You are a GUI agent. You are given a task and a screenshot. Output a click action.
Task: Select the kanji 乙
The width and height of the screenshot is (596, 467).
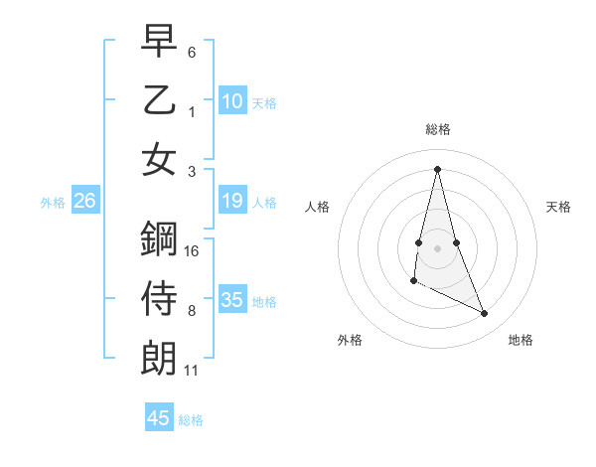(x=159, y=101)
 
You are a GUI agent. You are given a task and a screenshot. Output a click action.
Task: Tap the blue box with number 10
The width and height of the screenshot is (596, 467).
(x=231, y=101)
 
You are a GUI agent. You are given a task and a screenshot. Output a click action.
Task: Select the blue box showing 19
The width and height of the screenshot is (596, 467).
(x=231, y=202)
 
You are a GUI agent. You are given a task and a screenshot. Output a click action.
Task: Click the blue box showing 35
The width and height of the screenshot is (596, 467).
(x=231, y=300)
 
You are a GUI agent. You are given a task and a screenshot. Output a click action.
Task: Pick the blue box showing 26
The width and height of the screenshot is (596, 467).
(x=84, y=202)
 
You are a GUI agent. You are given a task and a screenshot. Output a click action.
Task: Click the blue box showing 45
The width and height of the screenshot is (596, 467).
(x=159, y=418)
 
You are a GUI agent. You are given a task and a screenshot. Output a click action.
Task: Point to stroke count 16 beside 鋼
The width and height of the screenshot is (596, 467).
(x=193, y=251)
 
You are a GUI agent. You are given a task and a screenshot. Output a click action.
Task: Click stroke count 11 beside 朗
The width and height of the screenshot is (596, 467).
(x=192, y=371)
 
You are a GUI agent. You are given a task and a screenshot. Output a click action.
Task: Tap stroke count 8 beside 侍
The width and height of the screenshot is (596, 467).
(x=192, y=311)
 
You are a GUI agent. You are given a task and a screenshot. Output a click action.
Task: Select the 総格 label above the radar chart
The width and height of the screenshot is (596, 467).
(x=437, y=130)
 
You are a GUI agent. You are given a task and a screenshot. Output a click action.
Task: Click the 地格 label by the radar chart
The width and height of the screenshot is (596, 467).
(x=521, y=340)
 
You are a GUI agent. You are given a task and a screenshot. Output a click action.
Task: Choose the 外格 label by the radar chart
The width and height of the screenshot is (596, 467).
(x=350, y=340)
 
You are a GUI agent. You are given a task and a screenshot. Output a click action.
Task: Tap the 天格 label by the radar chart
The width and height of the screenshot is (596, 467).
(x=558, y=207)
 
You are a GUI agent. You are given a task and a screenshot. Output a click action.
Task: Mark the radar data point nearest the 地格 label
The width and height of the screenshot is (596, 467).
(x=485, y=314)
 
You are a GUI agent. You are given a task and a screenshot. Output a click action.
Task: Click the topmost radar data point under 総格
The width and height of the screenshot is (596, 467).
(x=437, y=169)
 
